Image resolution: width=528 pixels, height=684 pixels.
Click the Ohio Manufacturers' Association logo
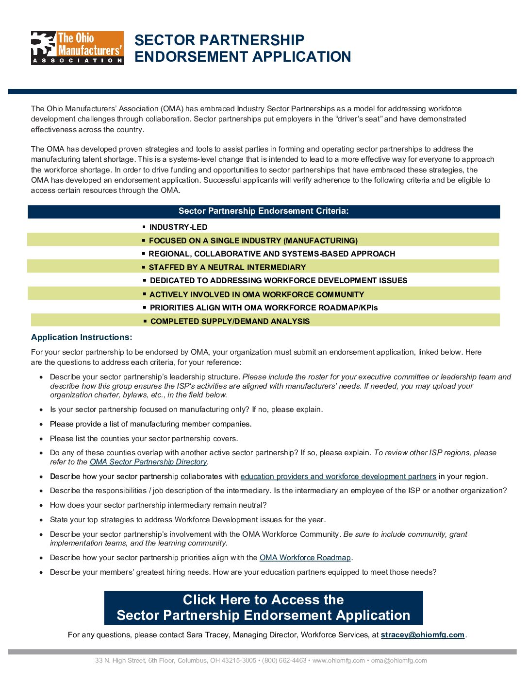[77, 48]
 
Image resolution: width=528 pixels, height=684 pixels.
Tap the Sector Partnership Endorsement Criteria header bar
[264, 211]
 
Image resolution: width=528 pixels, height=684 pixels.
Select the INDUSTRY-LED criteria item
[178, 227]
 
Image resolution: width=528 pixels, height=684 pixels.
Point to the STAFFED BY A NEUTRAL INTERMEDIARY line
[227, 268]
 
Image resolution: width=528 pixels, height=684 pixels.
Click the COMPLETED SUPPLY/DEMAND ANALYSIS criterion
[230, 322]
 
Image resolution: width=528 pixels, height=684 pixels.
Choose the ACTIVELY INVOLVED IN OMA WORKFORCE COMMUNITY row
[256, 295]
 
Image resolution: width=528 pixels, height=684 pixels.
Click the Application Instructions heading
[82, 337]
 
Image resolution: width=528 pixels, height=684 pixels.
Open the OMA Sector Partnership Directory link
[148, 462]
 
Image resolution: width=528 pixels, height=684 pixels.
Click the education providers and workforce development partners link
[338, 477]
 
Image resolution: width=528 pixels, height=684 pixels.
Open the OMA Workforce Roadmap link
[305, 558]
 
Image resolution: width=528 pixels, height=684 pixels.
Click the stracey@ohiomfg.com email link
[422, 635]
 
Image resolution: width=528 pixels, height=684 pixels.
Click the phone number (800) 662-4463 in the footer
[284, 661]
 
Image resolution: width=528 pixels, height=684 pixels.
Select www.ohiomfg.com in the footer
[338, 661]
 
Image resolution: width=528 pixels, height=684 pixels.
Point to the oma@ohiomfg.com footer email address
[399, 661]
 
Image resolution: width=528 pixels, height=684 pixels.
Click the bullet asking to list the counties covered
[144, 439]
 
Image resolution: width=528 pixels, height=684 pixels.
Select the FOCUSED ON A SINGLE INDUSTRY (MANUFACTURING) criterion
[253, 241]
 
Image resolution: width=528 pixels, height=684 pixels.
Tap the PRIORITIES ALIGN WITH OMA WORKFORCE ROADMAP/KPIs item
[264, 308]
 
